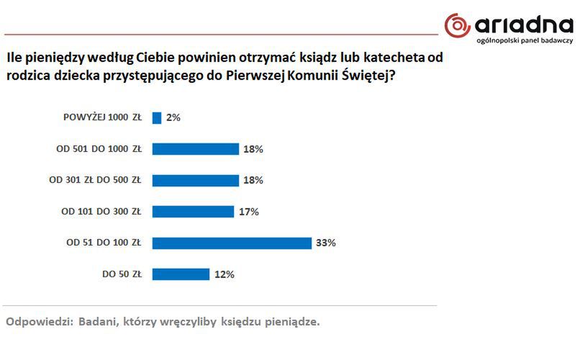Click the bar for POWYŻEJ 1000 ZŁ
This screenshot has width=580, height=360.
(x=157, y=117)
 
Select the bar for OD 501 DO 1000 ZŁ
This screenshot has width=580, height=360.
(x=195, y=149)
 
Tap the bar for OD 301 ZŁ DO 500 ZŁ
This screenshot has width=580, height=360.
(x=195, y=180)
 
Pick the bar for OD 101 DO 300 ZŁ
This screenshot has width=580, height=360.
(x=193, y=212)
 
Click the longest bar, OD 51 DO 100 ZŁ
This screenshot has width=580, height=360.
(x=232, y=243)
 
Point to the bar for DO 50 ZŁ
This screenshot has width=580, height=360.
(x=181, y=274)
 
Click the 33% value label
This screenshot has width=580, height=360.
(x=325, y=243)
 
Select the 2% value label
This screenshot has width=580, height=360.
(x=173, y=117)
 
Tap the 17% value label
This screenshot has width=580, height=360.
(x=248, y=212)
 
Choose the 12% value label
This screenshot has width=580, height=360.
(x=224, y=274)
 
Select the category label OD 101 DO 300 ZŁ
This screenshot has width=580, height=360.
(x=101, y=212)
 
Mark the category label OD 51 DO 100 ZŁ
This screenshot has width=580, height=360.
(x=104, y=243)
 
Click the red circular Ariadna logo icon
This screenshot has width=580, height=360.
(x=458, y=25)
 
